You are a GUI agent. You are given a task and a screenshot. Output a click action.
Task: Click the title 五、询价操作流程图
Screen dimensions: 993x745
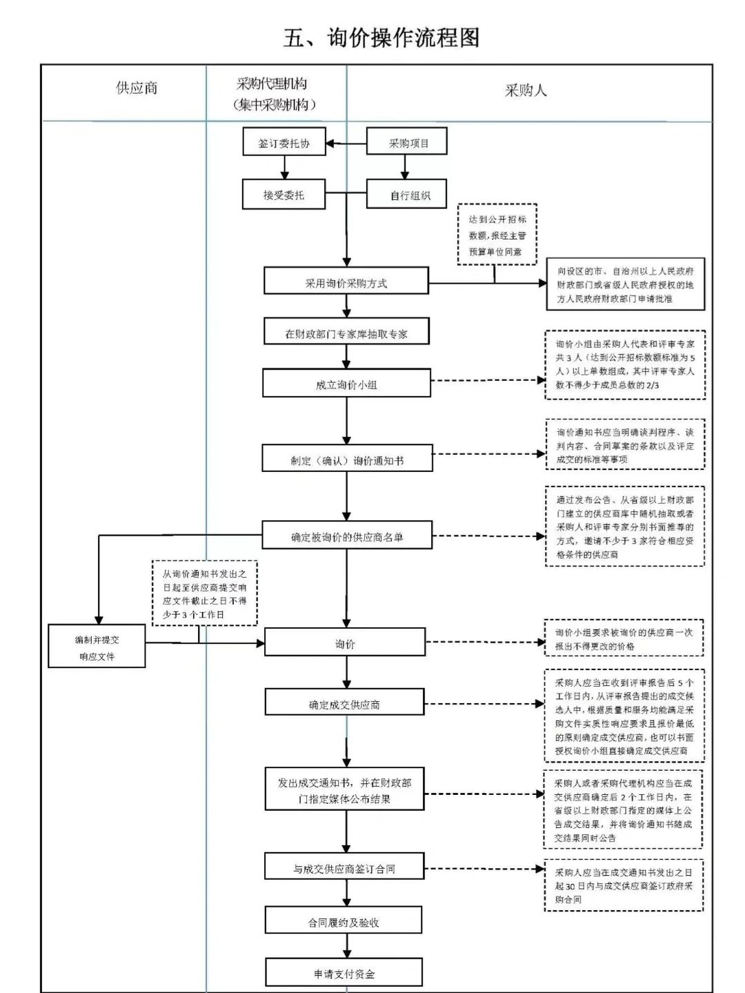[x=381, y=37]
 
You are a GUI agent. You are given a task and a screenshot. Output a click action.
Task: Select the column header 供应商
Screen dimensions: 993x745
[x=137, y=88]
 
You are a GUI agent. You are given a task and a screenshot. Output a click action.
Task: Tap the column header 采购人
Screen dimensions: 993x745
[x=526, y=90]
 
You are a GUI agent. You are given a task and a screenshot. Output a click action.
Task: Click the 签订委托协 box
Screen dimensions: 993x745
[x=284, y=143]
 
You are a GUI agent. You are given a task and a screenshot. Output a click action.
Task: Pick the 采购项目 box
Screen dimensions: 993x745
[x=407, y=143]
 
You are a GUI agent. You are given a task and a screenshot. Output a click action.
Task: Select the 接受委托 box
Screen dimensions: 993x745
[x=284, y=195]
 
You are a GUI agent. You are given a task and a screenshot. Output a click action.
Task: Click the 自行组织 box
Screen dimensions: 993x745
[x=407, y=195]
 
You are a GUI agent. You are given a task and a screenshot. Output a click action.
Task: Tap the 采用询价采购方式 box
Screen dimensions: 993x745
[x=346, y=283]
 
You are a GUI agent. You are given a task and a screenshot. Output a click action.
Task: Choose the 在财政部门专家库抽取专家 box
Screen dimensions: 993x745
[x=346, y=333]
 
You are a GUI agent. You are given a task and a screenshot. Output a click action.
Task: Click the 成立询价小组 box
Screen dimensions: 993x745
[x=346, y=384]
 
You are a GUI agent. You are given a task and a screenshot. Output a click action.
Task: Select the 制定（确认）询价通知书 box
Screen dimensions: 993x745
[x=347, y=460]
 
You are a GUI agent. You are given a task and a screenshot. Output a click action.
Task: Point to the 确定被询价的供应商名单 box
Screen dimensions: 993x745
[x=347, y=536]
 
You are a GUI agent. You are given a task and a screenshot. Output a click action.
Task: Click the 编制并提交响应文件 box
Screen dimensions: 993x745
[x=97, y=647]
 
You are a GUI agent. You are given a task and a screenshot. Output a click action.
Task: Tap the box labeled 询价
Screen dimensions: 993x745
[x=345, y=643]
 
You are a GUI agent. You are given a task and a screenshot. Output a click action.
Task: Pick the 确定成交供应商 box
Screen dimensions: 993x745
[x=344, y=704]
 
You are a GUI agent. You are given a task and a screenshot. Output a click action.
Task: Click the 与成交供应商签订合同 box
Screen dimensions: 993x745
[x=344, y=868]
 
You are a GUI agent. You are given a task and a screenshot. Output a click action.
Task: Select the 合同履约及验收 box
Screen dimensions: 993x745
[x=344, y=922]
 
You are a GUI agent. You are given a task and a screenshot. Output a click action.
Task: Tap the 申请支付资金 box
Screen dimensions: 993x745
[x=344, y=974]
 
